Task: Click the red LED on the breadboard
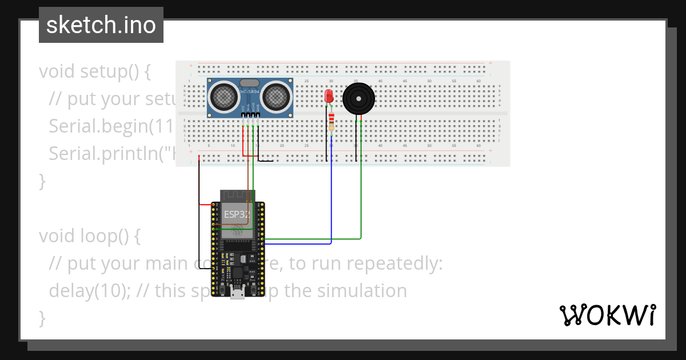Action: tap(329, 96)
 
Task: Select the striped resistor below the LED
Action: tap(332, 121)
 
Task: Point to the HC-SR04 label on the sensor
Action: tap(250, 92)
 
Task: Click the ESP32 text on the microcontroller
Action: tap(237, 215)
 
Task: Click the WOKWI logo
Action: tap(607, 315)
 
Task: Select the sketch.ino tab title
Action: tap(101, 25)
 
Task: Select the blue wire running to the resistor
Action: tap(332, 194)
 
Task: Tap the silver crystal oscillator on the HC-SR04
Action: tap(250, 83)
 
